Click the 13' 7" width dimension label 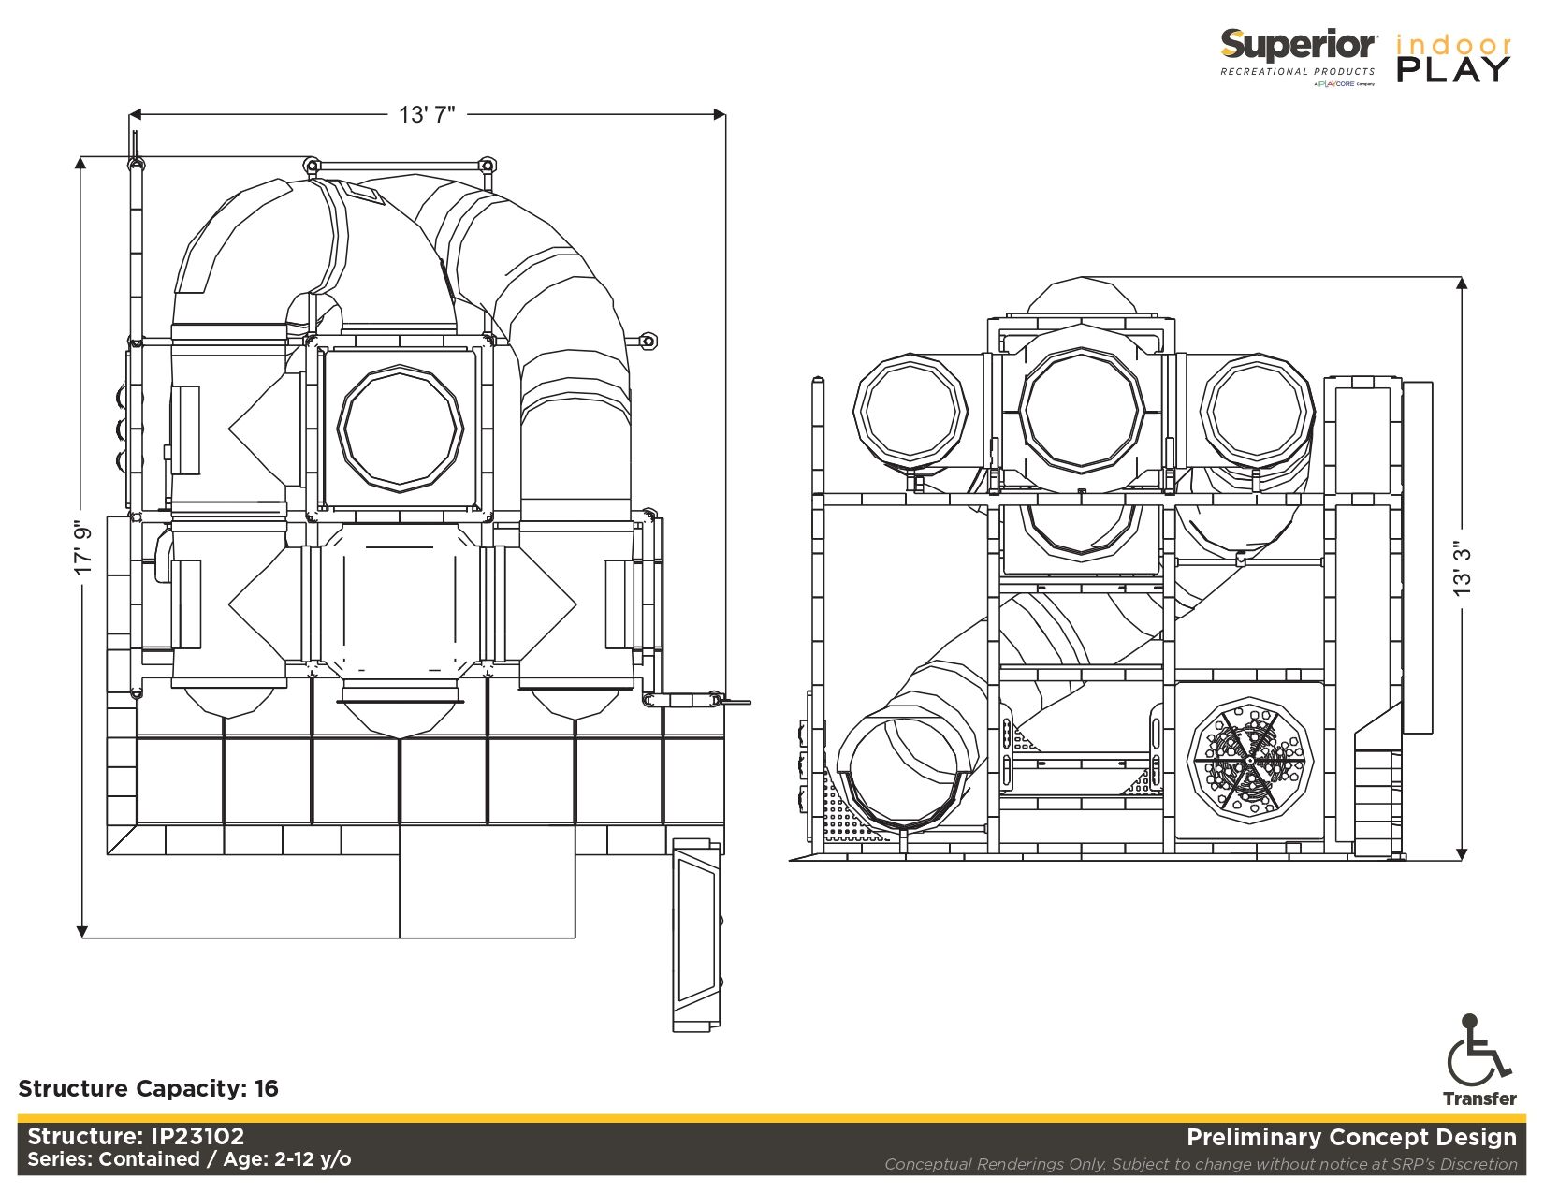click(427, 114)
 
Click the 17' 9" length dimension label click(84, 547)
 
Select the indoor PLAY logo click(1453, 58)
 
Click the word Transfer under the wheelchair click(1478, 1098)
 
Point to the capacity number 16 click(267, 1088)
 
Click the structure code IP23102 click(197, 1136)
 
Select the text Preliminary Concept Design click(1350, 1137)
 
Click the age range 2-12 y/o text click(313, 1159)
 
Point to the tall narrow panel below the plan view click(697, 936)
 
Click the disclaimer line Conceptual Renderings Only click(1200, 1164)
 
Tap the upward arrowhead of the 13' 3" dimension click(1462, 283)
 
